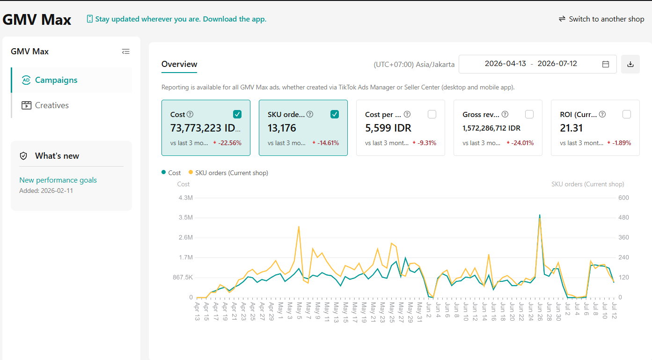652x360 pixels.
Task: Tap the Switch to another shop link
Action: tap(601, 19)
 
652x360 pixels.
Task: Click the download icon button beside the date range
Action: tap(630, 64)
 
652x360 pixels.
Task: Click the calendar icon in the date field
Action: tap(606, 64)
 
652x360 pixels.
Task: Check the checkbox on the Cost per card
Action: tap(432, 114)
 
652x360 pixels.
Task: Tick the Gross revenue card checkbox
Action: tap(529, 114)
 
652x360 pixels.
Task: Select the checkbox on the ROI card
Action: tap(627, 114)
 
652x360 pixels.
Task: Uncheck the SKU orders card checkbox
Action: tap(335, 114)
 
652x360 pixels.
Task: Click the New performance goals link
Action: tap(58, 180)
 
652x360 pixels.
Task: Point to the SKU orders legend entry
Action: tap(228, 173)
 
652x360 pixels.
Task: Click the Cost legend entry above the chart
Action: tap(171, 173)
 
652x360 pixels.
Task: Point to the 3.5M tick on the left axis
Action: tap(186, 218)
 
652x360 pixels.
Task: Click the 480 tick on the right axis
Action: tap(623, 218)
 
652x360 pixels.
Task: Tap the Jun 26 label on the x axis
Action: tap(540, 311)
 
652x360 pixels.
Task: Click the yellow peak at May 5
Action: tap(299, 227)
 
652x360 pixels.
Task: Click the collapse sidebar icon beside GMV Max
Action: tap(126, 52)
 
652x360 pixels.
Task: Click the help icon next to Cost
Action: tap(190, 114)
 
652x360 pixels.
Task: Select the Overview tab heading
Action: tap(179, 64)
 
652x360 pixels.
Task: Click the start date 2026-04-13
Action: tap(505, 64)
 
